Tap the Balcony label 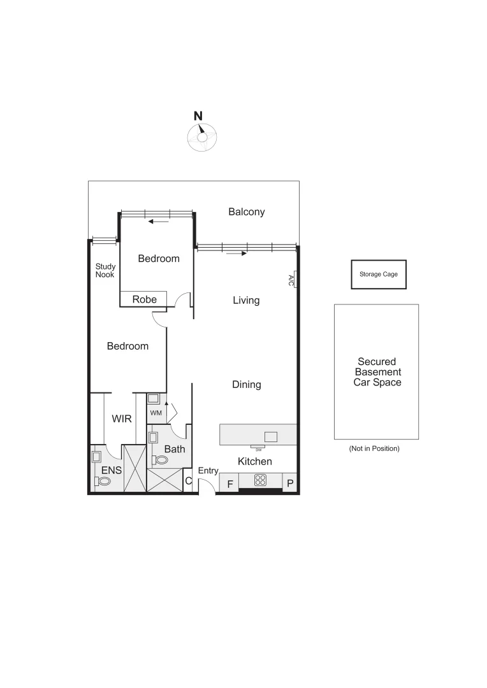point(247,212)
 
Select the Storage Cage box point(379,275)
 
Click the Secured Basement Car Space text point(378,372)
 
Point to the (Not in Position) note point(374,448)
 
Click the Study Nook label point(105,271)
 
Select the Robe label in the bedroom point(144,299)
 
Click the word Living point(246,300)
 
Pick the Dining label point(246,385)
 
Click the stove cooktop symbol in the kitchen point(261,480)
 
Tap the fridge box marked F point(228,484)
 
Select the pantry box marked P point(290,484)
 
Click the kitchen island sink point(271,436)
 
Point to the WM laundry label point(156,413)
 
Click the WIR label point(121,419)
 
